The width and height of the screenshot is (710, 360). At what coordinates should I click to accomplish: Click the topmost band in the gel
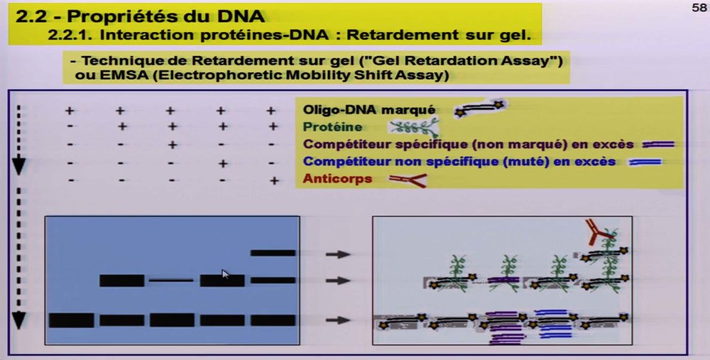(x=273, y=253)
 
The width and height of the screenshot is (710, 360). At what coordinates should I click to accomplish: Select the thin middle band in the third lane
(x=170, y=280)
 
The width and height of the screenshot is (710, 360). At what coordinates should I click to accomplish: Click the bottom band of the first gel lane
(x=70, y=320)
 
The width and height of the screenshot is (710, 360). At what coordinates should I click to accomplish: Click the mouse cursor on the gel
(x=225, y=274)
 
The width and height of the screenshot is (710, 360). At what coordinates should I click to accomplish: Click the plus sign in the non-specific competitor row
(x=221, y=163)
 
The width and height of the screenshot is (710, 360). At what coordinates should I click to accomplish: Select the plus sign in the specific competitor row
(x=170, y=145)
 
